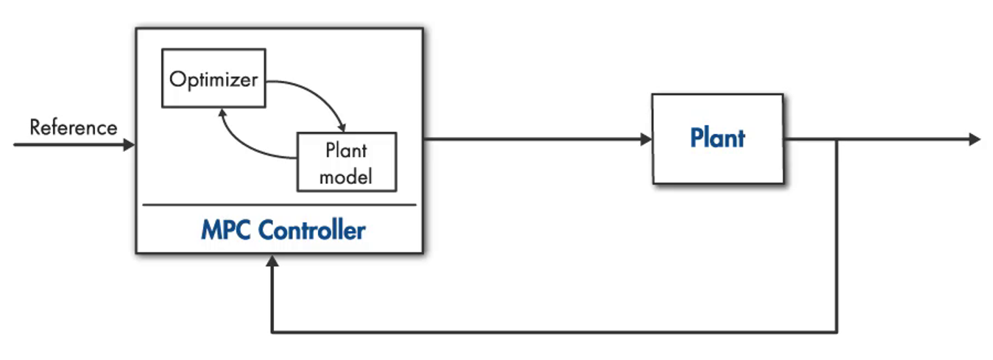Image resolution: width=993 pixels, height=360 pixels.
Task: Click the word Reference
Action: pyautogui.click(x=73, y=127)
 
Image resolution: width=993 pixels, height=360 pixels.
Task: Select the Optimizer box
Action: pyautogui.click(x=213, y=79)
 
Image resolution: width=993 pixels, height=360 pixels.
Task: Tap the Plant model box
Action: pyautogui.click(x=346, y=163)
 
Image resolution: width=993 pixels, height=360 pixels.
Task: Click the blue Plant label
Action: pyautogui.click(x=717, y=138)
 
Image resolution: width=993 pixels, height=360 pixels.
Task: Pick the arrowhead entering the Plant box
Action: pyautogui.click(x=646, y=139)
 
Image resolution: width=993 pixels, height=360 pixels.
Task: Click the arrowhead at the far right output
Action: pyautogui.click(x=975, y=139)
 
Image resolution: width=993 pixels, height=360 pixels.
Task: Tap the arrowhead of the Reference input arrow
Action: pyautogui.click(x=130, y=145)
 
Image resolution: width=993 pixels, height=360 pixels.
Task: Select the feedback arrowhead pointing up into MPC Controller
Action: pyautogui.click(x=272, y=261)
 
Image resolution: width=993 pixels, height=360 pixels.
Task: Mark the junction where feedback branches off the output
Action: pyautogui.click(x=837, y=139)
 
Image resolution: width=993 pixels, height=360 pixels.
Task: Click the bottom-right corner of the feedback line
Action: pyautogui.click(x=837, y=332)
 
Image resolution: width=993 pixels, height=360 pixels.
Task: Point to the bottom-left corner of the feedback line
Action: pyautogui.click(x=272, y=332)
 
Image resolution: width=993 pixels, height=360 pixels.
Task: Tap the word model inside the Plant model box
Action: pyautogui.click(x=346, y=177)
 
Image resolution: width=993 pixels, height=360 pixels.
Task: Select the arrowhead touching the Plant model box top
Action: pyautogui.click(x=341, y=127)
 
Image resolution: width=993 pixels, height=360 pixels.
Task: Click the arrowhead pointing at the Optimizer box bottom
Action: pyautogui.click(x=221, y=112)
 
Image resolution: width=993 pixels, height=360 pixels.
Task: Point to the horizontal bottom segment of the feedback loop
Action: pyautogui.click(x=552, y=332)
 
